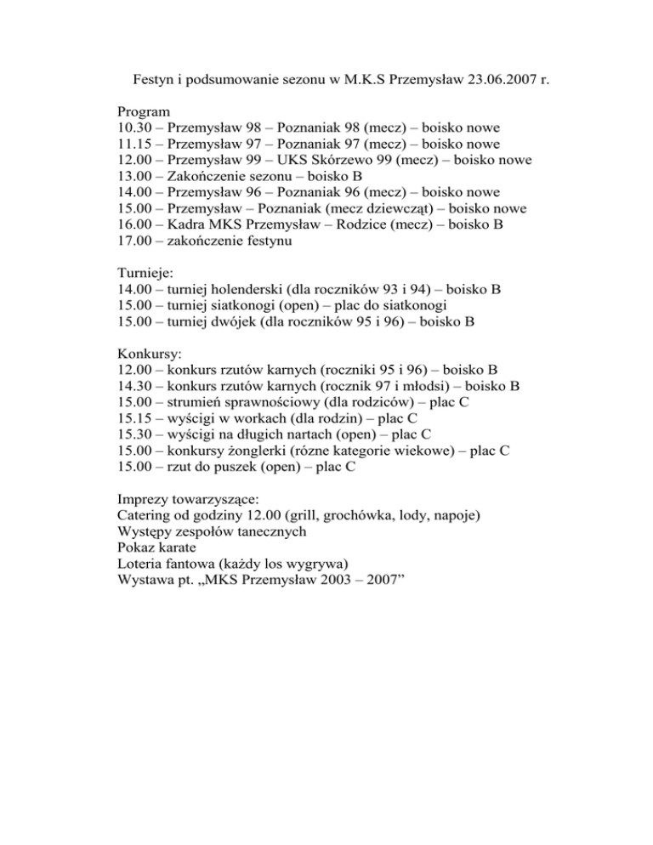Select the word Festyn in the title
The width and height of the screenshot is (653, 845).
(x=155, y=82)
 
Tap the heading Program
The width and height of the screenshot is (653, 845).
(x=144, y=111)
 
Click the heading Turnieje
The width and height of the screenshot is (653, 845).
(x=146, y=274)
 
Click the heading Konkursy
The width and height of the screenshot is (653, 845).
(x=149, y=354)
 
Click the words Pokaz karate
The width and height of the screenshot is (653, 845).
(x=159, y=548)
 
